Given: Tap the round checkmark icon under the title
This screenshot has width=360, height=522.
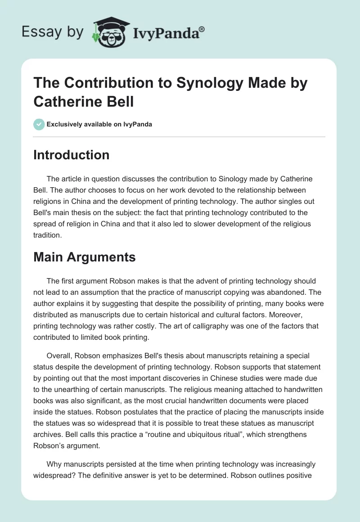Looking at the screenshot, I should coord(39,124).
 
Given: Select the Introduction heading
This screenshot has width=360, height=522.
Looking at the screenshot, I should coord(71,155).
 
